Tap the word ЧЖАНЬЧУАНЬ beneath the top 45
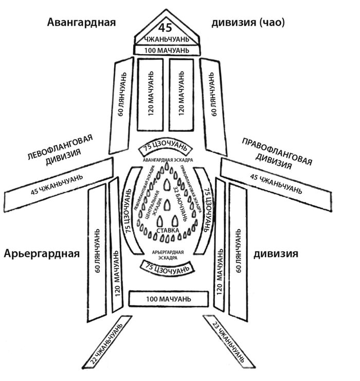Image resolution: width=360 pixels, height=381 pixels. pyautogui.click(x=165, y=39)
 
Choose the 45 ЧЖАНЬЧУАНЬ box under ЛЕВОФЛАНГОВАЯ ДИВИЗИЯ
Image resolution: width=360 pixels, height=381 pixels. pyautogui.click(x=58, y=182)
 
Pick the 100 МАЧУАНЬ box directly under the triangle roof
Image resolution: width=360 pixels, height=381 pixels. pyautogui.click(x=165, y=50)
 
